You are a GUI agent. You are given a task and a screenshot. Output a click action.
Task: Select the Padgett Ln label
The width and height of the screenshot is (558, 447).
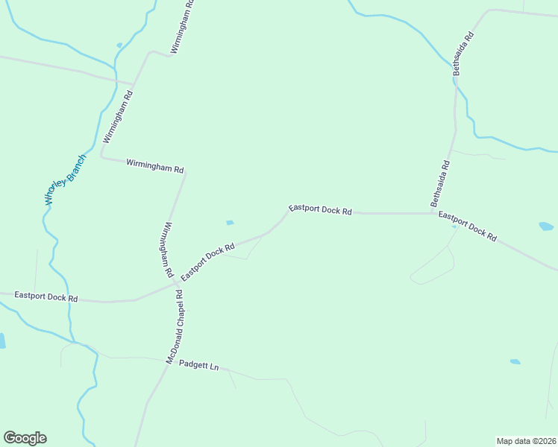199,367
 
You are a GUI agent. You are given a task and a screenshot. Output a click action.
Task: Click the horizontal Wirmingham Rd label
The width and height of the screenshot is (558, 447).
154,165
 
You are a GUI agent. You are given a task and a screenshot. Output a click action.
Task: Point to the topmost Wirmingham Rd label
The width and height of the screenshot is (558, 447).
182,26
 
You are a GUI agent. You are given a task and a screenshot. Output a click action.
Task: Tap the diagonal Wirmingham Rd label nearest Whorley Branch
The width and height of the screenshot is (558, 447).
118,117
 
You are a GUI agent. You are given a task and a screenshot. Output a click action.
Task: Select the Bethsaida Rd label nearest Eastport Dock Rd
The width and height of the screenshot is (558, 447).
441,184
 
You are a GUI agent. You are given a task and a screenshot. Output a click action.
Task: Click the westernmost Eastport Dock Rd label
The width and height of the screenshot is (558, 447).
46,297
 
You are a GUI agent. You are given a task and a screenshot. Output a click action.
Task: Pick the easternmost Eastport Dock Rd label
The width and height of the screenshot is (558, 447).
468,226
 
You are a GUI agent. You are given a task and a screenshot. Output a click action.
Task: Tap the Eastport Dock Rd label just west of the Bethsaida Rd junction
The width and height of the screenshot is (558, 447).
320,210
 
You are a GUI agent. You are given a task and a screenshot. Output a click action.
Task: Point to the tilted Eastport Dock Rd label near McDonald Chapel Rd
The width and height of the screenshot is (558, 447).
207,261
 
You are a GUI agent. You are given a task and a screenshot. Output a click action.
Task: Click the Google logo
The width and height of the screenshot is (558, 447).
25,438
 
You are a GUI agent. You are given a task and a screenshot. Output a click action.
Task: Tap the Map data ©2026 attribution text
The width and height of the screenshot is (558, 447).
526,440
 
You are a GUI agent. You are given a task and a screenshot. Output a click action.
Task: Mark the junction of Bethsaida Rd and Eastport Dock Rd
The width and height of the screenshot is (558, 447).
433,213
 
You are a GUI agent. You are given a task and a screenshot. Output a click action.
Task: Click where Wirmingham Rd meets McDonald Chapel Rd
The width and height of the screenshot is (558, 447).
177,283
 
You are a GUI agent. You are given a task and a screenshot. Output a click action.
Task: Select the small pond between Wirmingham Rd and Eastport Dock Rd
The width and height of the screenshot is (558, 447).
230,222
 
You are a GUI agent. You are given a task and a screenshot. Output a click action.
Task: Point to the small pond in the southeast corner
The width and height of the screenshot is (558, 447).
515,362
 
